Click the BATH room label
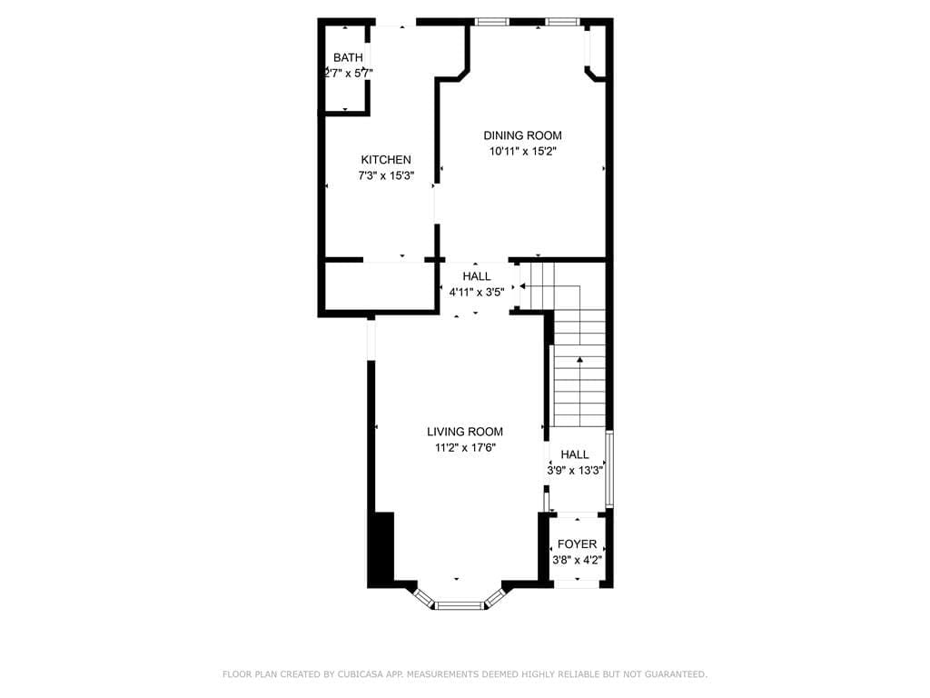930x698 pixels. pos(348,57)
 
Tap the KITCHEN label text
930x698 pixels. pos(386,160)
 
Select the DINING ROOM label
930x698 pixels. pos(522,135)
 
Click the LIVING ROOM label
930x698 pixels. pos(465,432)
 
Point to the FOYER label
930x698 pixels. pos(577,543)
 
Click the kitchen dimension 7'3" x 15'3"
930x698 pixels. pos(386,175)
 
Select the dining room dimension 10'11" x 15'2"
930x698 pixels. pos(522,152)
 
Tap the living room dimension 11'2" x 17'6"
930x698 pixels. pos(465,447)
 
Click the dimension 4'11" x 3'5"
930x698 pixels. pos(477,292)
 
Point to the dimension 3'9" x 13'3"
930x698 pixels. pos(575,471)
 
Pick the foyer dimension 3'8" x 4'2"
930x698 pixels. pos(577,560)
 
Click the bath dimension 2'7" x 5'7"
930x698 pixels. pos(348,74)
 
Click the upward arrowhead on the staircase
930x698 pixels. pos(579,360)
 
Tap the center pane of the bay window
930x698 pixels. pos(460,605)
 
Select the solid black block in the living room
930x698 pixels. pos(381,550)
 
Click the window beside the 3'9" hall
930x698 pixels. pos(609,469)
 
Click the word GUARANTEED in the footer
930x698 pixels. pos(675,674)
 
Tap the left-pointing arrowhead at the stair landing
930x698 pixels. pos(522,286)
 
